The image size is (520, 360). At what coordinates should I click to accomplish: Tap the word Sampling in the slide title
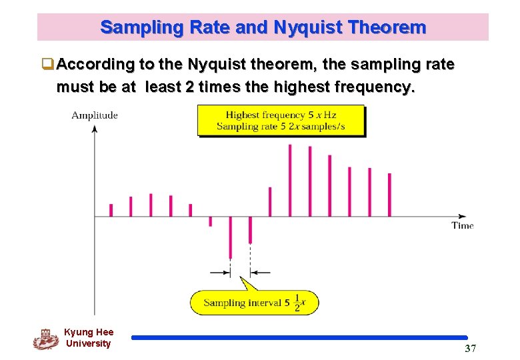[x=133, y=27]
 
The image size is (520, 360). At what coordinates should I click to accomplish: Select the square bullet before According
[x=48, y=65]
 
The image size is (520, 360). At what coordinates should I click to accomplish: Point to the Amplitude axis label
[x=95, y=115]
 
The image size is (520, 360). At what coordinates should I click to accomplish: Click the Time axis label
[x=462, y=225]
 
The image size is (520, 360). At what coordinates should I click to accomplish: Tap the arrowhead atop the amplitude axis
[x=95, y=128]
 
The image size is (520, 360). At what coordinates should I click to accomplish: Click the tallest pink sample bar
[x=289, y=180]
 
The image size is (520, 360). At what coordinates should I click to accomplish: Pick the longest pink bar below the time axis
[x=230, y=237]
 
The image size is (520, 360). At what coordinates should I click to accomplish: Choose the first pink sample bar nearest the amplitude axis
[x=111, y=209]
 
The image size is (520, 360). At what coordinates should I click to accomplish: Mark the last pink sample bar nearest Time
[x=389, y=195]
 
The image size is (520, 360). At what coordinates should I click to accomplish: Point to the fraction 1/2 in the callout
[x=297, y=302]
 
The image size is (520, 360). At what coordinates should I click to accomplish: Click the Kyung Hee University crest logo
[x=45, y=338]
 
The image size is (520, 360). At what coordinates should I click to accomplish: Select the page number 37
[x=470, y=349]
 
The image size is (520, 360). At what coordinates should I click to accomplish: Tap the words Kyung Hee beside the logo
[x=89, y=332]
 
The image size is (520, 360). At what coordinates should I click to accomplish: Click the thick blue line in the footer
[x=299, y=338]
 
